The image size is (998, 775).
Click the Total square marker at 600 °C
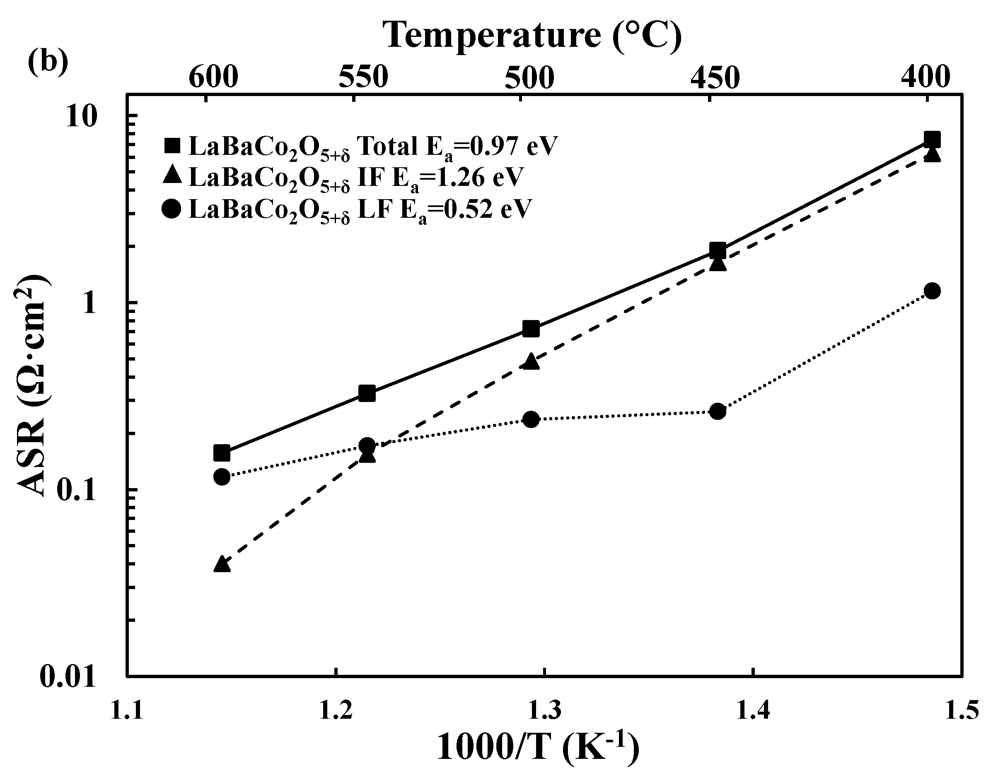point(222,453)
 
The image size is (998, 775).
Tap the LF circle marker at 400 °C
point(932,291)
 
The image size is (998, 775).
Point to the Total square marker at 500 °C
point(531,328)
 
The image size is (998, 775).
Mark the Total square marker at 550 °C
point(367,393)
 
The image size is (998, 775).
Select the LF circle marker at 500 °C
point(531,419)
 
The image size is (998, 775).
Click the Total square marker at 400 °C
point(932,139)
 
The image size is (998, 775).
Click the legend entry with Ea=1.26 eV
point(343,178)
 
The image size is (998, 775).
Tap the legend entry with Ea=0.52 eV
point(347,210)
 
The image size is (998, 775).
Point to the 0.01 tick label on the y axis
point(68,676)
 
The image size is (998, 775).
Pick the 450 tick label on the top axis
point(715,78)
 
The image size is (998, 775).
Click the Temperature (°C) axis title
point(532,35)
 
